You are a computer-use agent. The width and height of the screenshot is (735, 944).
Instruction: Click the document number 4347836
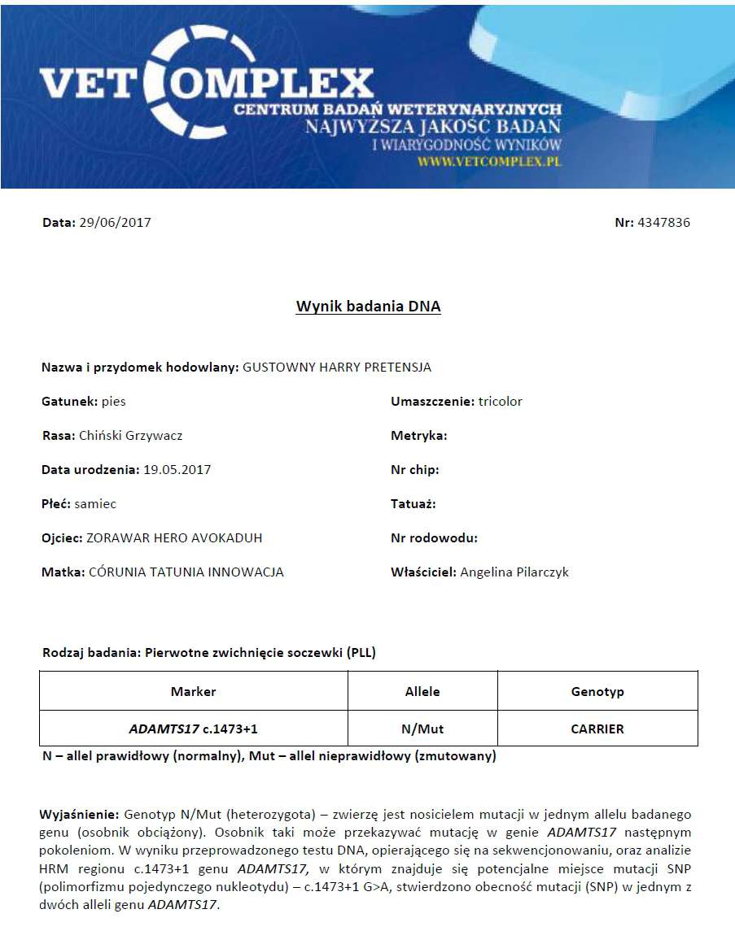[x=663, y=223]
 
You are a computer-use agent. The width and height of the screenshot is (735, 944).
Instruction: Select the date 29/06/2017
[x=115, y=223]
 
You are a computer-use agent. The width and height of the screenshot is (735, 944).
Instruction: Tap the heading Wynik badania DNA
[x=368, y=307]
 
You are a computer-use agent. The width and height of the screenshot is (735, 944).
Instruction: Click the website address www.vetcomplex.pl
[x=490, y=161]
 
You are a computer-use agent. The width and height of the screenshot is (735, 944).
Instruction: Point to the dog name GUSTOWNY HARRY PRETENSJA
[x=337, y=368]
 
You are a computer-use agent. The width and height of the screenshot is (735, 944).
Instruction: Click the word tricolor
[x=501, y=402]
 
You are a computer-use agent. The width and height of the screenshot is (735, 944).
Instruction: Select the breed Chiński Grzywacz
[x=130, y=436]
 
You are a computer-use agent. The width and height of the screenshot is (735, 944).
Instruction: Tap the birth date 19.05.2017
[x=177, y=470]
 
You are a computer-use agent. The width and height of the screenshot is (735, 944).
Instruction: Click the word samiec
[x=95, y=504]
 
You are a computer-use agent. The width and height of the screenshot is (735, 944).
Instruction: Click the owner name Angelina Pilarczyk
[x=514, y=572]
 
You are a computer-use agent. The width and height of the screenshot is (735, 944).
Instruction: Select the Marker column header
[x=194, y=692]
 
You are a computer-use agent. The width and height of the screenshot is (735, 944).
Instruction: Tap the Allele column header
[x=422, y=692]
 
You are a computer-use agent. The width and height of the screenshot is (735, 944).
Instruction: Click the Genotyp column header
[x=597, y=692]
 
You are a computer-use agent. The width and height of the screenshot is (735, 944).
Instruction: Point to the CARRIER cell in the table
[x=597, y=729]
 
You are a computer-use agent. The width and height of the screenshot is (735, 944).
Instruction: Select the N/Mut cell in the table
[x=422, y=729]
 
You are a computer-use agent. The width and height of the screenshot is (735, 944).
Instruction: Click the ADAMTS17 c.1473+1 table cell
[x=194, y=729]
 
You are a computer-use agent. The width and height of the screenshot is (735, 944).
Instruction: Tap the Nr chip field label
[x=415, y=470]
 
